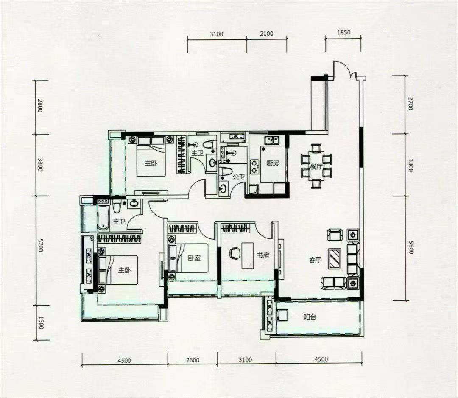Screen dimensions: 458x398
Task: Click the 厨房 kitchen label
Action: click(272, 163)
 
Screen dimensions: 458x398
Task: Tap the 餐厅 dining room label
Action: click(316, 167)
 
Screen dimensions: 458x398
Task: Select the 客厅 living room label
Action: click(315, 260)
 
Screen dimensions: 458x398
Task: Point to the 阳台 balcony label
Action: click(310, 317)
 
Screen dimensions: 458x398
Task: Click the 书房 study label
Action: click(263, 255)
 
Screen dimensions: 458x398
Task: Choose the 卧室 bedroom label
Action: click(194, 258)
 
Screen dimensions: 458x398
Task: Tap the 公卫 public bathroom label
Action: click(238, 177)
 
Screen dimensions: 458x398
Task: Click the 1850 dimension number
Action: click(343, 32)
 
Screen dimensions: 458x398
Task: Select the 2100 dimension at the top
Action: click(266, 34)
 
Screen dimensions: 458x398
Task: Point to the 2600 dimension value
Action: click(193, 360)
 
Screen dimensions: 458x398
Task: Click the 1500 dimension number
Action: click(41, 322)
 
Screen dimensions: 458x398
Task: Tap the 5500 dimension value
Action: click(411, 247)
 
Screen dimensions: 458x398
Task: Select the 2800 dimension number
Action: click(40, 106)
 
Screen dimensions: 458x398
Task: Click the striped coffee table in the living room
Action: click(335, 258)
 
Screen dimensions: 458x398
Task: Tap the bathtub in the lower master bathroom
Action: click(102, 217)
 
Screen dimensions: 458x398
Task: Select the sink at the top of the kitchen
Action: click(272, 140)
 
